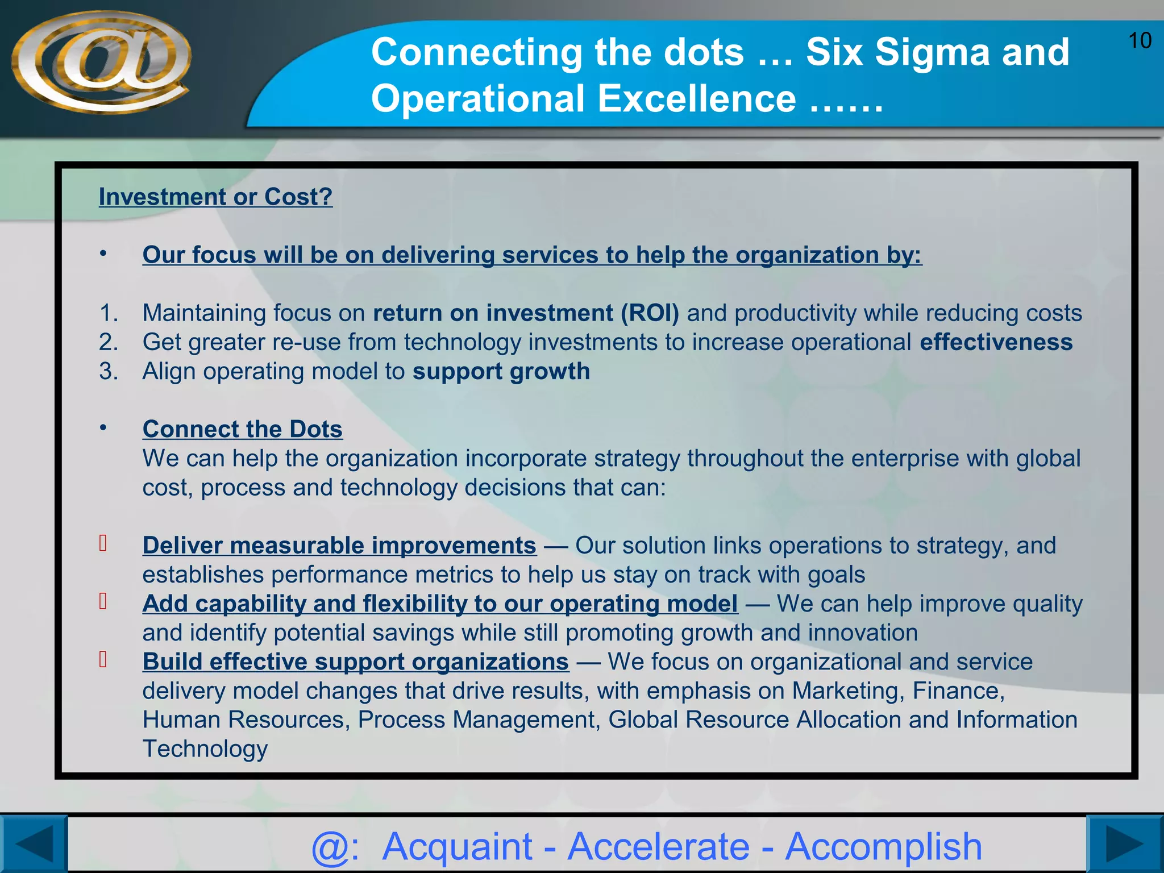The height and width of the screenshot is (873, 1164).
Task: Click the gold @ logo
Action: pos(101,61)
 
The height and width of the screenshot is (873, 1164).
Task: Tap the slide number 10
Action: pos(1139,41)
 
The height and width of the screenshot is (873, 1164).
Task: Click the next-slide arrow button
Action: pos(1124,844)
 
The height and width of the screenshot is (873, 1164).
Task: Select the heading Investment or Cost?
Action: pos(215,197)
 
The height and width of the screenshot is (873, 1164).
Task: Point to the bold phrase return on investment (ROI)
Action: pos(526,313)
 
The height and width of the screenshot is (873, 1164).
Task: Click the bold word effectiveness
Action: pos(996,342)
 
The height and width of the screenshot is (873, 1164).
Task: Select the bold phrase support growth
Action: pos(501,371)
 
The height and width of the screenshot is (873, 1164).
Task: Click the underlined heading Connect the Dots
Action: pos(242,429)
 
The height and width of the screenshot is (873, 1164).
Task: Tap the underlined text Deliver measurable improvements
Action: pos(339,546)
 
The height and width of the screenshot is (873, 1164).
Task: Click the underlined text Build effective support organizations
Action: pos(355,662)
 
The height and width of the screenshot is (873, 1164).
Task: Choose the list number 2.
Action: pos(108,342)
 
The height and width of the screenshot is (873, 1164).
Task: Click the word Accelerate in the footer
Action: pos(659,846)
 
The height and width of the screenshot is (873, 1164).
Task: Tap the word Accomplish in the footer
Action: pos(883,846)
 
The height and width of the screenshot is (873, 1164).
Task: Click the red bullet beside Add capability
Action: pos(103,601)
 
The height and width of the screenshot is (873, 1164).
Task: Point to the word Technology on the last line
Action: pos(205,749)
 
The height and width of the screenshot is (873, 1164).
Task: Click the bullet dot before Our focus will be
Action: pos(103,253)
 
